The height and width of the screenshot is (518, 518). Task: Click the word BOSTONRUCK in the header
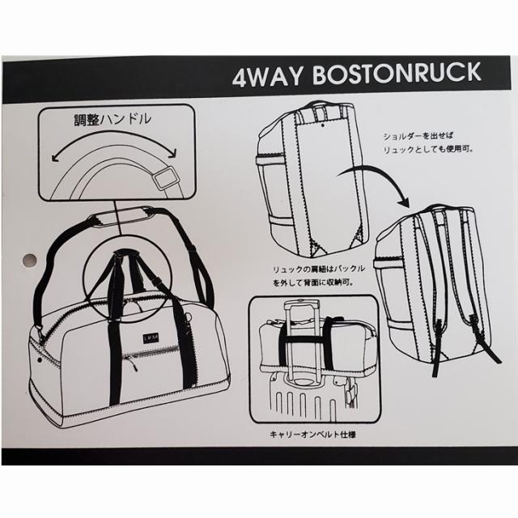tap(397, 74)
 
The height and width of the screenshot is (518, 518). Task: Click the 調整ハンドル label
tap(113, 120)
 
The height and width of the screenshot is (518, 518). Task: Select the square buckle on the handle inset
tap(167, 179)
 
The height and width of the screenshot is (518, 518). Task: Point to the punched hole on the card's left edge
tap(29, 260)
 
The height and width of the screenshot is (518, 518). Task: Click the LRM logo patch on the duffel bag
tap(151, 338)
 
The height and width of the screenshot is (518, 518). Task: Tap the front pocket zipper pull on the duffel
tap(133, 364)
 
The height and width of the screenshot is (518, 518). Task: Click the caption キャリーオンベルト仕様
tap(312, 435)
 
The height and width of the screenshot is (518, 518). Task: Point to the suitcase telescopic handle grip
tap(302, 304)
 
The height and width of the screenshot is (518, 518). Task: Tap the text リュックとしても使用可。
tap(428, 149)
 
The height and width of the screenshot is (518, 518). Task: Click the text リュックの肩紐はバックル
tap(318, 270)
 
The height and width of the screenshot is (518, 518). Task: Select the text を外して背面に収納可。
tap(313, 282)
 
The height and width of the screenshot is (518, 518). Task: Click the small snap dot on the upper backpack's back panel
tap(322, 125)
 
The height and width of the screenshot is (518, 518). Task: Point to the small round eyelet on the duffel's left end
tap(40, 359)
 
